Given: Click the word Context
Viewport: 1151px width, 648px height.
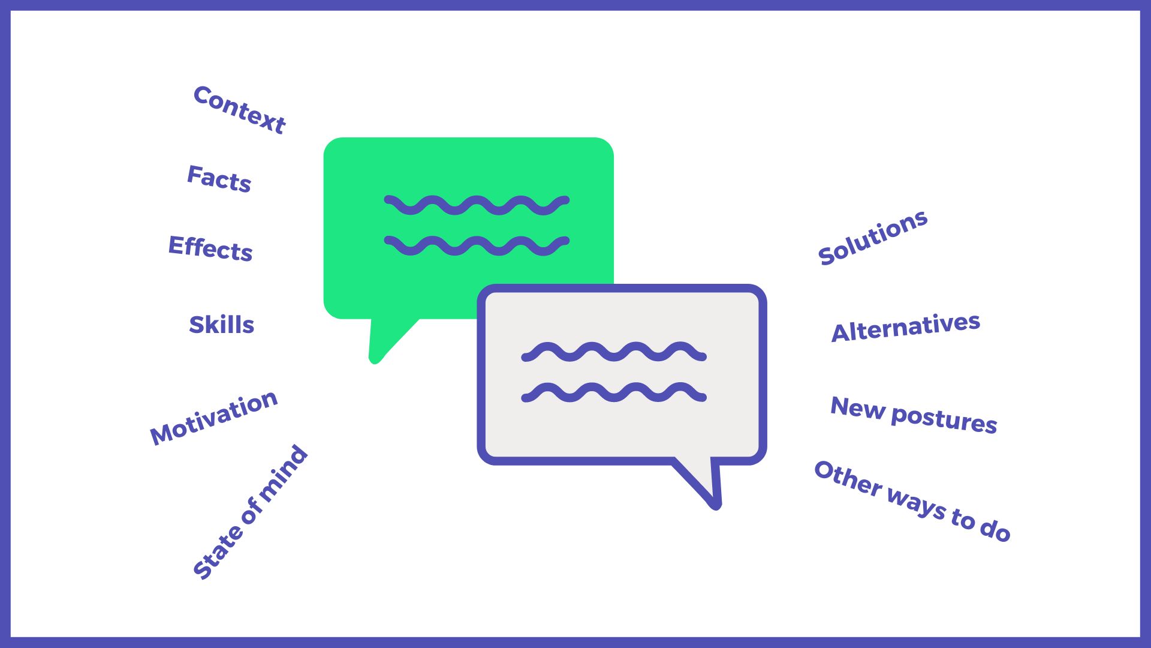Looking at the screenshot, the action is pos(239,109).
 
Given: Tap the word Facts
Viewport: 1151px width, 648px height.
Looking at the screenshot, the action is pos(219,178).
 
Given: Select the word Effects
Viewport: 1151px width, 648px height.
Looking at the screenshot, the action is pos(210,248).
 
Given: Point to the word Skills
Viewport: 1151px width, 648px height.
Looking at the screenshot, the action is pos(222,324).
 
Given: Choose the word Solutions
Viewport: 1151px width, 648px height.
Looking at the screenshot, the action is pos(873,237).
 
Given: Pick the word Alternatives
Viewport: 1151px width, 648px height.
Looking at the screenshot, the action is pos(906,327).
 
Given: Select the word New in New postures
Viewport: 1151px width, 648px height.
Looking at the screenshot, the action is pos(858,407).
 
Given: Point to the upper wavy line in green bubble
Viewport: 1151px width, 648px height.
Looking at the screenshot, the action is pos(477,205).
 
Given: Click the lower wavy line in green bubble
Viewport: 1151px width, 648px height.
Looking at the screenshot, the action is pos(477,246).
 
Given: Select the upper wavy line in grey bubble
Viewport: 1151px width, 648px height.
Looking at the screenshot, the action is pos(614,352).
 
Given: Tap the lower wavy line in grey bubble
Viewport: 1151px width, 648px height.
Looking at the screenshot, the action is pos(614,392).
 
